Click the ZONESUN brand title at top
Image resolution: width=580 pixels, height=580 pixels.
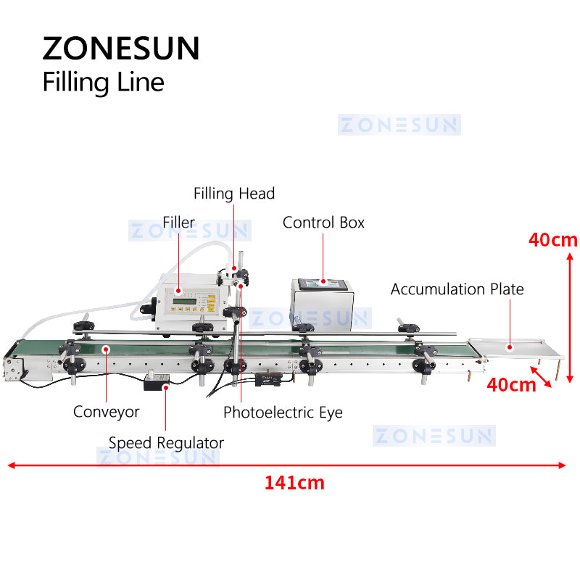tap(120, 48)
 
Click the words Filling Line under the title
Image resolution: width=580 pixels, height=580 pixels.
tap(103, 81)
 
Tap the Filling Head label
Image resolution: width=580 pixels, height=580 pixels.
tap(234, 194)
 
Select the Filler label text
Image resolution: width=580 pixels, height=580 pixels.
tap(178, 222)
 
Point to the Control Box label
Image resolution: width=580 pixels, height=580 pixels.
tap(323, 222)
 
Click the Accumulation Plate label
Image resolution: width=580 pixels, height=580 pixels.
tap(457, 289)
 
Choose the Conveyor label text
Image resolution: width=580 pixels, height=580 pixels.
tap(106, 412)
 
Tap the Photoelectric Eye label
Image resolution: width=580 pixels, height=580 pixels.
tap(283, 413)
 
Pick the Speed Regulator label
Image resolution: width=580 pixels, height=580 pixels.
tap(166, 442)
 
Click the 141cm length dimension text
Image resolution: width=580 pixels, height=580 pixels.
tap(294, 483)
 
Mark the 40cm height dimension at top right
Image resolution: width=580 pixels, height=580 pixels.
tap(552, 240)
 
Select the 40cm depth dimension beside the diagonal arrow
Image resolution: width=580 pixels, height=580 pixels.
tap(511, 384)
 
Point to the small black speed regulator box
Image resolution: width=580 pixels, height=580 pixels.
tap(158, 381)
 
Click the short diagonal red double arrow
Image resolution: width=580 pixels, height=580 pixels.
tap(542, 376)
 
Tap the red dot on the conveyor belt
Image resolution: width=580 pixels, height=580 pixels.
tap(107, 349)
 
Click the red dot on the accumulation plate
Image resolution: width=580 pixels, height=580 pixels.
tap(510, 347)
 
